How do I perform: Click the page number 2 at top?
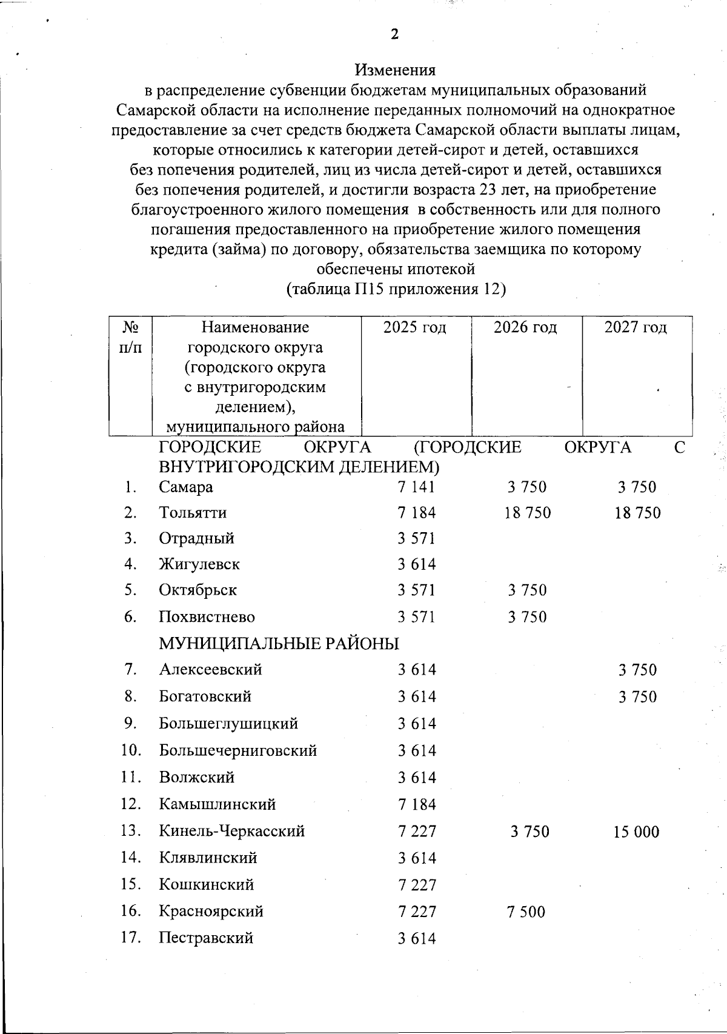point(394,35)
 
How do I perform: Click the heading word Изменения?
point(395,70)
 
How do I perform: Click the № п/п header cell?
point(130,337)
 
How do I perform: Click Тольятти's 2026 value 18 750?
point(528,513)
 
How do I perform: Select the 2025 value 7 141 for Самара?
point(416,487)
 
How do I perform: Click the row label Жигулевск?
point(199,565)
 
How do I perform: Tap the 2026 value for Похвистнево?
point(528,618)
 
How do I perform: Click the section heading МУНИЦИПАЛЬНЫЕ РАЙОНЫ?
point(279,644)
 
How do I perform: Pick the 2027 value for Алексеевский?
point(637,670)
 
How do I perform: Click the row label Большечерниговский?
point(238,751)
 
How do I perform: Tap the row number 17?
point(131,938)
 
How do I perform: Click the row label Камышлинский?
point(217,805)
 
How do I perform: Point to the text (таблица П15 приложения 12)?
point(396,289)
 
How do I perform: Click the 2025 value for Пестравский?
point(417,939)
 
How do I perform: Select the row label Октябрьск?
point(198,590)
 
